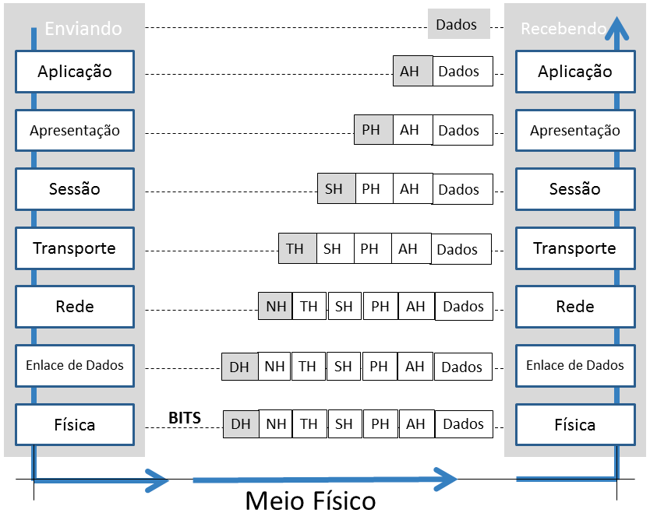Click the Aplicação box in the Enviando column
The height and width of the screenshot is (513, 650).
pyautogui.click(x=75, y=72)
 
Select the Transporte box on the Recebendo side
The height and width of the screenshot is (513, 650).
pyautogui.click(x=575, y=248)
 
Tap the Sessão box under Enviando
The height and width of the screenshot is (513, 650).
pyautogui.click(x=75, y=189)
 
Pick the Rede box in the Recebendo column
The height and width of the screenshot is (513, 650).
pyautogui.click(x=575, y=307)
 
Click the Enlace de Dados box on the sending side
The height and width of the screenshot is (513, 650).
pyautogui.click(x=75, y=366)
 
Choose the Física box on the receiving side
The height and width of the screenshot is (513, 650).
pyautogui.click(x=575, y=425)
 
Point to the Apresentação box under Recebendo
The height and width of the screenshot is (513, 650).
pyautogui.click(x=575, y=131)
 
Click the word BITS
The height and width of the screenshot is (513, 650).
pyautogui.click(x=185, y=418)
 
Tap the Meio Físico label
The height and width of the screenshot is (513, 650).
pyautogui.click(x=310, y=501)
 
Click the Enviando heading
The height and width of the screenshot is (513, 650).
pyautogui.click(x=83, y=29)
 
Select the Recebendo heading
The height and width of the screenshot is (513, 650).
pyautogui.click(x=563, y=29)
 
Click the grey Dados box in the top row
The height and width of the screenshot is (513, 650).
pyautogui.click(x=459, y=24)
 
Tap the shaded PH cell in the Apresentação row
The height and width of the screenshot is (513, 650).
pyautogui.click(x=373, y=130)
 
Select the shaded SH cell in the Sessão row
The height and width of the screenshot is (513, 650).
pyautogui.click(x=337, y=189)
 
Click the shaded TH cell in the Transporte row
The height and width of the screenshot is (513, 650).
pyautogui.click(x=298, y=248)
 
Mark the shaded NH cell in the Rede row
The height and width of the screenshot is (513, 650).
pyautogui.click(x=275, y=307)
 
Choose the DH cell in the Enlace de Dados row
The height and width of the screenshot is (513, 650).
pyautogui.click(x=239, y=367)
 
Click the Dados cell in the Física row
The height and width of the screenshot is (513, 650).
pyautogui.click(x=464, y=424)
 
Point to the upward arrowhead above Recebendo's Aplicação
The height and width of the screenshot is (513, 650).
pyautogui.click(x=616, y=29)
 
